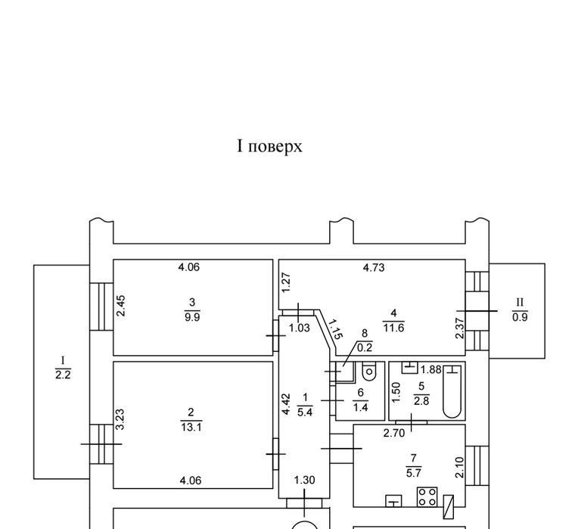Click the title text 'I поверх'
[x=270, y=146]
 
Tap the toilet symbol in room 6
[x=369, y=372]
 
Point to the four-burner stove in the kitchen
[x=426, y=497]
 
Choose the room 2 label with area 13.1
[x=191, y=419]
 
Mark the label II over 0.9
[x=520, y=310]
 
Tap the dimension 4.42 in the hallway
[x=286, y=403]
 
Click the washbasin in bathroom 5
[x=409, y=368]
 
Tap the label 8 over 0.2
[x=364, y=341]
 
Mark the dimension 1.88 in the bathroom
[x=430, y=369]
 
